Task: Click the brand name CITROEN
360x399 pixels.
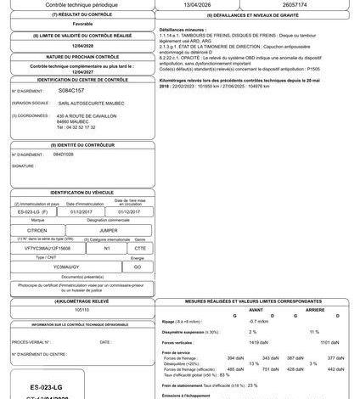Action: (37, 229)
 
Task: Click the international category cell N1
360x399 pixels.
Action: (107, 248)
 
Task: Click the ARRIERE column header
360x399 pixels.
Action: (314, 309)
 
